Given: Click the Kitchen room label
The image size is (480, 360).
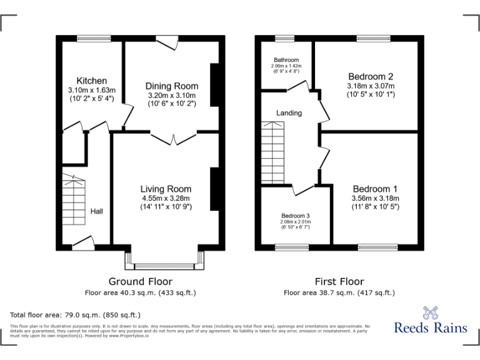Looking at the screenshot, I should [91, 81].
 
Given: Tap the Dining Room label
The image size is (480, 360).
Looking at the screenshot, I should [172, 86].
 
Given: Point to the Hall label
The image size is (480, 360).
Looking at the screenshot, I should [97, 212].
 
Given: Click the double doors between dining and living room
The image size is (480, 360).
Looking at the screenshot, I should [174, 137].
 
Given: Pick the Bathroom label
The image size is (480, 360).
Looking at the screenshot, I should [286, 60].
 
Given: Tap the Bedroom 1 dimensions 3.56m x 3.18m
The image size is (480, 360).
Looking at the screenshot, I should [375, 198].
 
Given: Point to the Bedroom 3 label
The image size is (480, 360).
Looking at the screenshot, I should [295, 216].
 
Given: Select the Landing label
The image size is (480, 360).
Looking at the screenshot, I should [289, 113].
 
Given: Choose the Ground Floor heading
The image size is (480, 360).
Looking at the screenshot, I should [141, 281].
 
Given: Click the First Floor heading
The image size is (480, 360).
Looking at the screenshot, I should [339, 281].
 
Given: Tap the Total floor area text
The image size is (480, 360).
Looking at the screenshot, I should [76, 315].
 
